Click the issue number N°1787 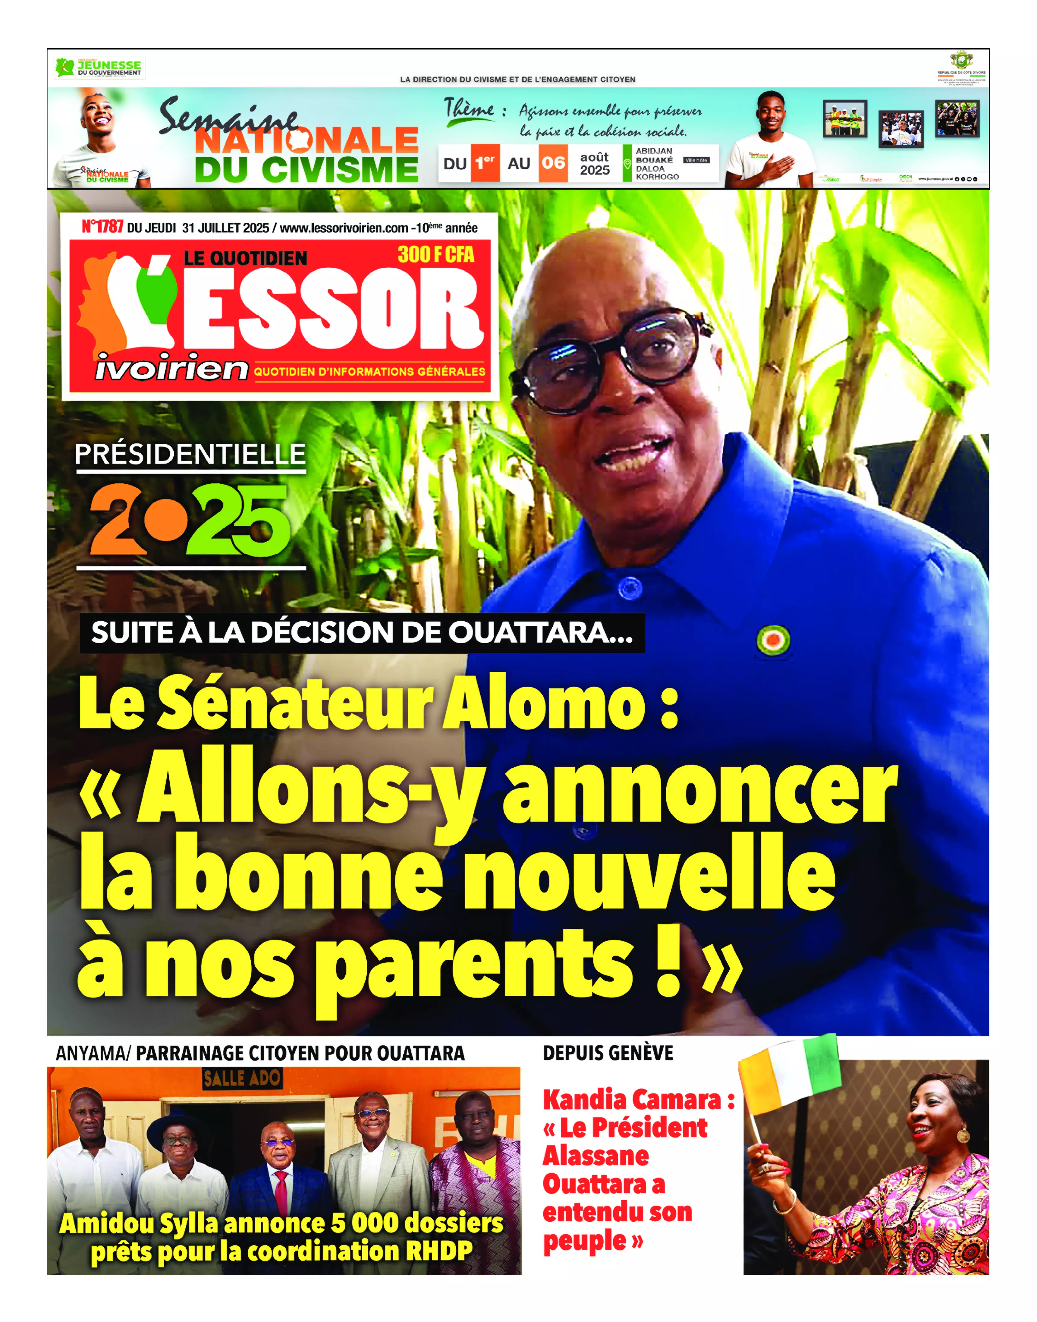[102, 227]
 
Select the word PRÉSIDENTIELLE [190, 454]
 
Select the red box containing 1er [484, 163]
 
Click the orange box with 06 [553, 163]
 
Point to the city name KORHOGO [657, 177]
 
